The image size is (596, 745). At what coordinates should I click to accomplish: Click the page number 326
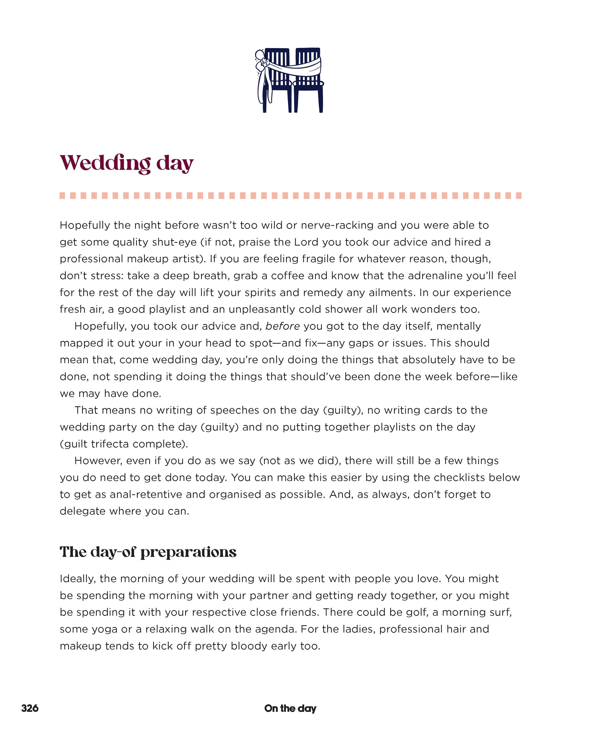[30, 708]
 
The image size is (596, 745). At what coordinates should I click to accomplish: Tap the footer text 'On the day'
[290, 708]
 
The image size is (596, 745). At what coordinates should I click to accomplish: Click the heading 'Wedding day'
[127, 163]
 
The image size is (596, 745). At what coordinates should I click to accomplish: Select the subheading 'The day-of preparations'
[148, 552]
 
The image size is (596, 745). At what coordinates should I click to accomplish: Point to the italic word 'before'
[282, 326]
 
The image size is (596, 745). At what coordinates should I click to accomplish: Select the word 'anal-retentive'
[146, 494]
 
